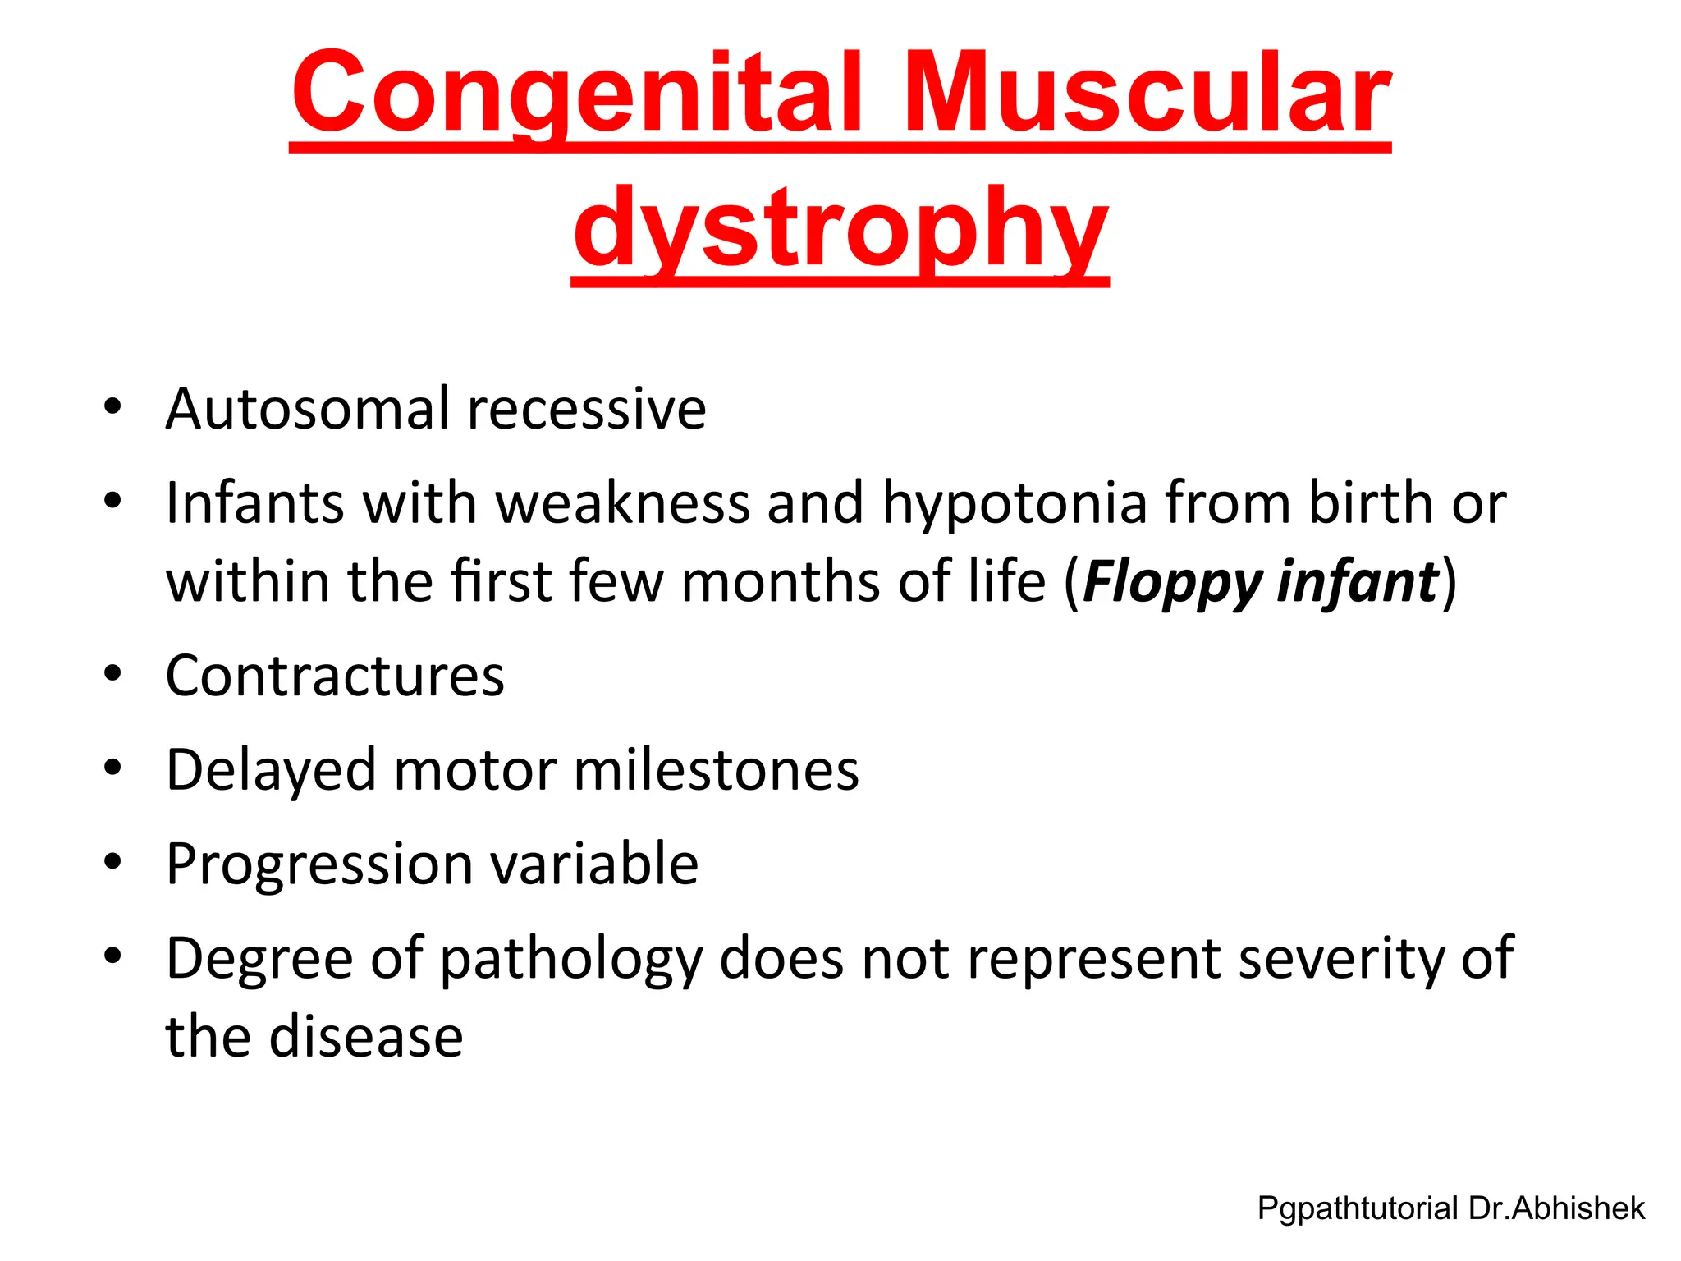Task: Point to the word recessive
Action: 586,410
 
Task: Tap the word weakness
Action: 623,503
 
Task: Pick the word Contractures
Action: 335,676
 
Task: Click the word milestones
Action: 716,770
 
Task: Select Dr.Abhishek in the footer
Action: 1557,1208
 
